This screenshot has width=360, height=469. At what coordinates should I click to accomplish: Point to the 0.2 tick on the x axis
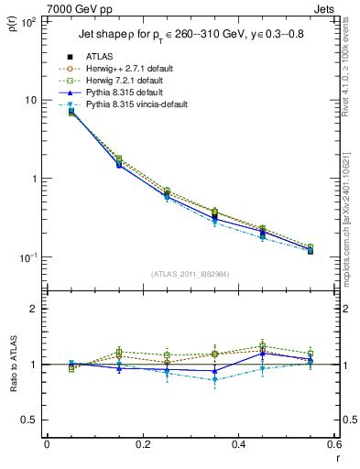[143, 446]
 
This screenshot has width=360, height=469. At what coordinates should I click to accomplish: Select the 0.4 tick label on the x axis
[239, 446]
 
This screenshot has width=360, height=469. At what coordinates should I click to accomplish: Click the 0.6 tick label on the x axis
[334, 446]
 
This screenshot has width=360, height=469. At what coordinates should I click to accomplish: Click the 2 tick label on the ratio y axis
[34, 309]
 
